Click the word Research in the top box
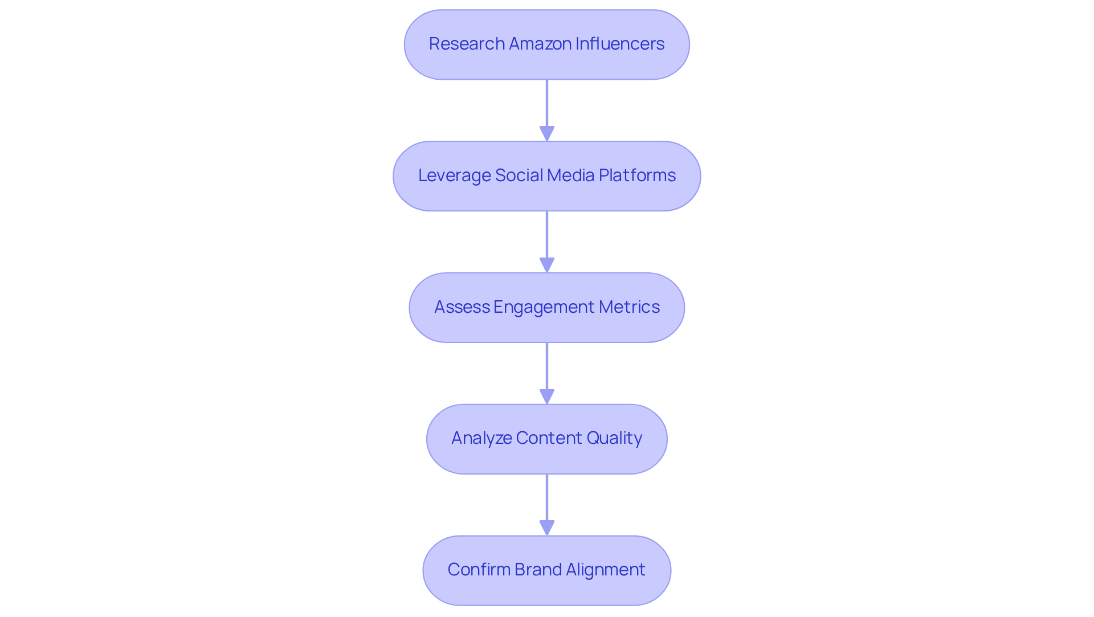coord(467,44)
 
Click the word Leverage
coord(454,175)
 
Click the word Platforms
coord(637,175)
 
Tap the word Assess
coord(462,307)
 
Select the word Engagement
coord(544,307)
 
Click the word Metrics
coord(629,307)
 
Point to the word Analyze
coord(481,438)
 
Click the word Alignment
coord(605,570)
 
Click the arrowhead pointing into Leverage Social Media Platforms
coord(547,133)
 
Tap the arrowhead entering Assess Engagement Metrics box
coord(547,265)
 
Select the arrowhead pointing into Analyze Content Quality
coord(547,397)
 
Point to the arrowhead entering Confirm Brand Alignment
coord(547,528)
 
